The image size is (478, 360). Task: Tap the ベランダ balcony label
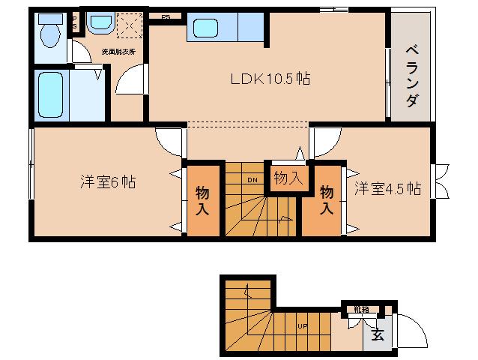411,76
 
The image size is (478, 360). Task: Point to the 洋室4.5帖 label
387,187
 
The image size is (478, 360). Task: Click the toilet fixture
50,32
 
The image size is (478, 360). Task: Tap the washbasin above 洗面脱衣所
99,24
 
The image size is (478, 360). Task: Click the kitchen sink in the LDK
205,29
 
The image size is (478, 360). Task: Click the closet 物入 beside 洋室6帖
203,200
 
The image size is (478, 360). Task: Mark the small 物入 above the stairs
288,178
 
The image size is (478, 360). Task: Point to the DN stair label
253,180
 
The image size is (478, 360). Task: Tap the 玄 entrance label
377,335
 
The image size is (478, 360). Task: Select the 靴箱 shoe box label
363,307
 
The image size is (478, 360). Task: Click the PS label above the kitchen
165,16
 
